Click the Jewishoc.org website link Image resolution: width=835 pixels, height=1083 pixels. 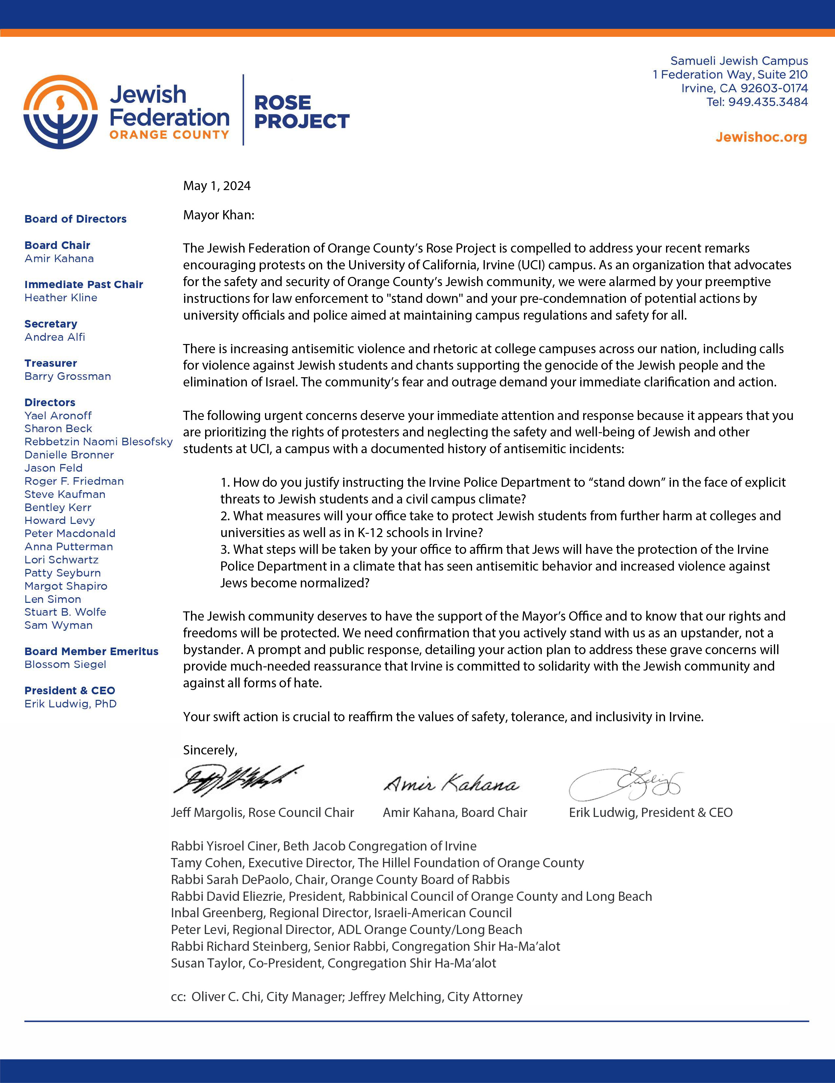point(761,137)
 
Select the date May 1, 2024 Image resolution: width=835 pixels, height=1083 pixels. point(217,186)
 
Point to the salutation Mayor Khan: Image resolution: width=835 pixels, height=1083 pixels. point(219,215)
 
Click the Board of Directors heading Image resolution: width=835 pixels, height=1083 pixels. point(75,219)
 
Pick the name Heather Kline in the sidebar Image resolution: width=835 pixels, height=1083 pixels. point(61,298)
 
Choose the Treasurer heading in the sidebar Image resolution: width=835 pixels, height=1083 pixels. point(51,363)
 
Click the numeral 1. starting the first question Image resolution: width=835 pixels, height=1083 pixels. point(226,482)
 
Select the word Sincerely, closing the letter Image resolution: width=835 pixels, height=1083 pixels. point(210,750)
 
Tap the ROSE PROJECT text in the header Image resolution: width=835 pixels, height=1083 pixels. point(301,112)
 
